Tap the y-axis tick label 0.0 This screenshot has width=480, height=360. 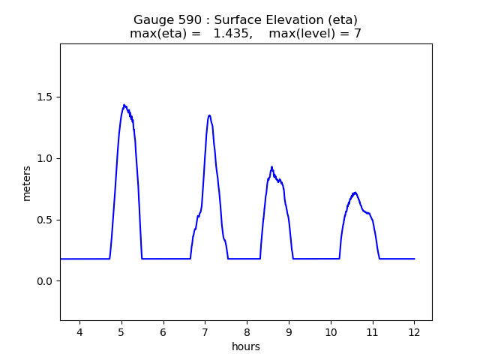point(44,281)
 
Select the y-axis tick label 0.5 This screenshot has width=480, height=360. point(44,220)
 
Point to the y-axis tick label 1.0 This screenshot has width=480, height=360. point(44,158)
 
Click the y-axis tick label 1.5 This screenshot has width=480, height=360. point(44,97)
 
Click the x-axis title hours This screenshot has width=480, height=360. point(246,346)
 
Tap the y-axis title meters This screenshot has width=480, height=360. point(27,183)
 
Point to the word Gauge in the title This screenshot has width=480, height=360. point(152,20)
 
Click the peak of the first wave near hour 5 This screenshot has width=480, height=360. point(124,105)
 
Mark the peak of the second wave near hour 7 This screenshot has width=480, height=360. point(209,115)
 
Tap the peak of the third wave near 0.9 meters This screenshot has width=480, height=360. point(271,167)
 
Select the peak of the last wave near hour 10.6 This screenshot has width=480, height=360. point(355,193)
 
